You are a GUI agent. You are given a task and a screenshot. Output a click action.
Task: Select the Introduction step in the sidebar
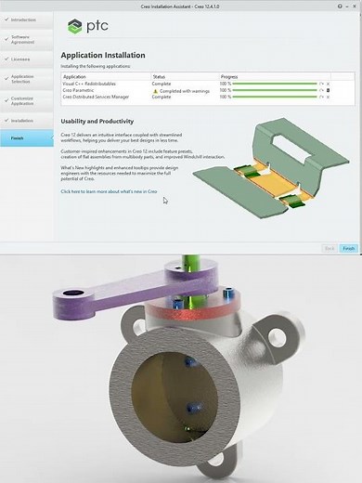click(26, 19)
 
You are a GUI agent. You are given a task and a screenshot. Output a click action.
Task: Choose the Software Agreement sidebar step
click(26, 39)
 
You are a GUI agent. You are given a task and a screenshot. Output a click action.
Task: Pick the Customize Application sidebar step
click(27, 99)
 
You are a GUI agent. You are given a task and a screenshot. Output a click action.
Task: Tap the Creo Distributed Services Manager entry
click(101, 97)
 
